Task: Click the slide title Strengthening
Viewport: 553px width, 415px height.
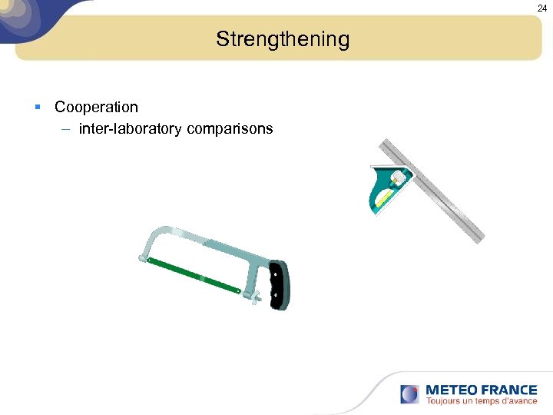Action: [x=282, y=39]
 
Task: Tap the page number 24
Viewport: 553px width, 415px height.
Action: [x=541, y=8]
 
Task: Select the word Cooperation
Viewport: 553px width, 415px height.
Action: [x=96, y=107]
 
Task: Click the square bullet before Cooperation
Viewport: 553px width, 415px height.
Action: [x=37, y=107]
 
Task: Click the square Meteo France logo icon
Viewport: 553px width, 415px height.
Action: [x=410, y=394]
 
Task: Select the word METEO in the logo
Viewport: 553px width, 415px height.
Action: [x=452, y=390]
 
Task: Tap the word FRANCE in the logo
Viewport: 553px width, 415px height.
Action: [x=510, y=390]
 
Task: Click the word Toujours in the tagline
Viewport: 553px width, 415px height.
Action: [x=444, y=401]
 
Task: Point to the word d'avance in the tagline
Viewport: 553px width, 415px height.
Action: [x=517, y=401]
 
